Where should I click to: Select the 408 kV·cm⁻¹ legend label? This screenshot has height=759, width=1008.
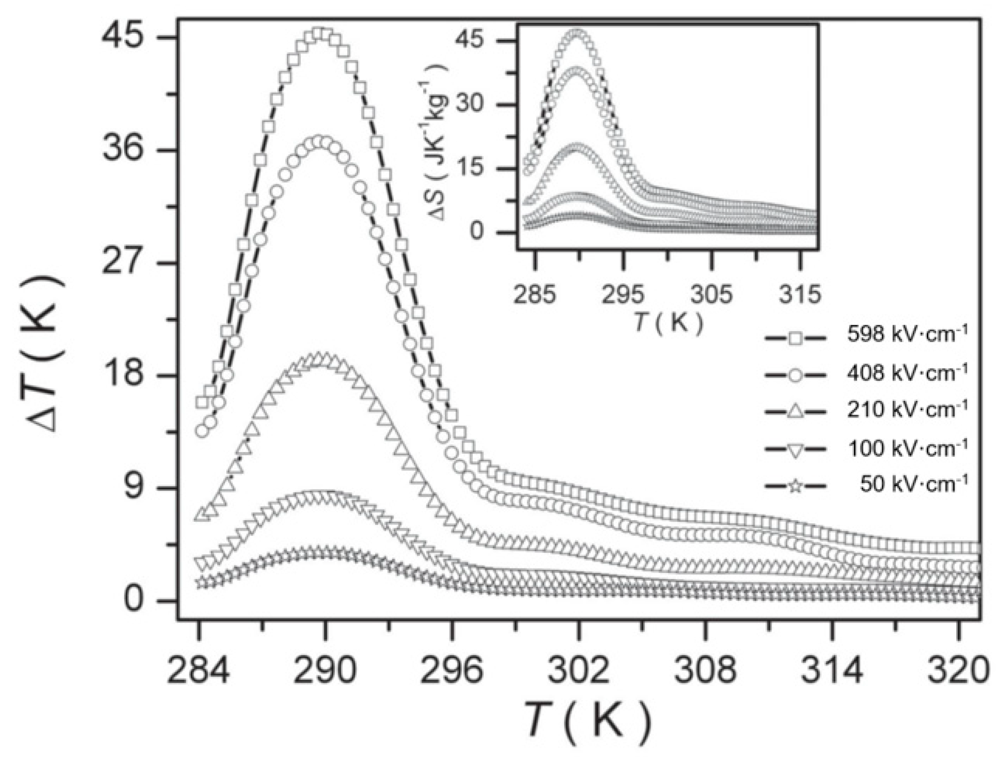(x=907, y=374)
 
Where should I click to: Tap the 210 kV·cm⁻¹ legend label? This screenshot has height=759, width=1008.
(x=907, y=411)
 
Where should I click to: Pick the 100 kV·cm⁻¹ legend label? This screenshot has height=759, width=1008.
(x=907, y=449)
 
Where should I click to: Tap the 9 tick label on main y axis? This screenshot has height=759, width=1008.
(x=137, y=488)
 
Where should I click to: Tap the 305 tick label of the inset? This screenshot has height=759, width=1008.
(x=712, y=294)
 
